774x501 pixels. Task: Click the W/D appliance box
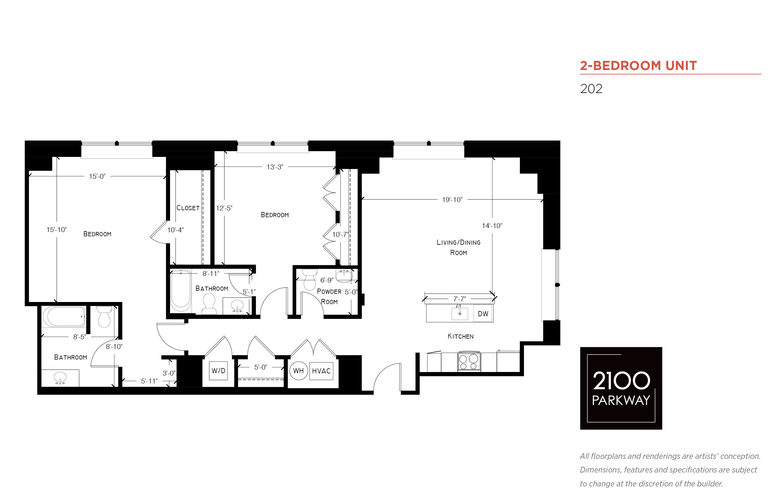pyautogui.click(x=218, y=370)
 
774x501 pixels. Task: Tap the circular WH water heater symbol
pyautogui.click(x=298, y=370)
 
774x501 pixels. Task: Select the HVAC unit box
pyautogui.click(x=321, y=371)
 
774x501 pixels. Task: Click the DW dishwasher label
pyautogui.click(x=483, y=314)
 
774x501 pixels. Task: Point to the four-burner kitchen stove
pyautogui.click(x=469, y=361)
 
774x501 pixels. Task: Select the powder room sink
pyautogui.click(x=344, y=276)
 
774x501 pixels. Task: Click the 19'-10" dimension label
pyautogui.click(x=452, y=199)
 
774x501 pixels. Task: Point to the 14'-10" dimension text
pyautogui.click(x=492, y=225)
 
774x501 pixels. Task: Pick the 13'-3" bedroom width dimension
pyautogui.click(x=275, y=167)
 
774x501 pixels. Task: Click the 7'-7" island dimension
pyautogui.click(x=459, y=299)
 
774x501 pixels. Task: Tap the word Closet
pyautogui.click(x=188, y=208)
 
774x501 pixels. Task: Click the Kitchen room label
pyautogui.click(x=461, y=337)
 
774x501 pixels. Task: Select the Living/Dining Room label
pyautogui.click(x=458, y=247)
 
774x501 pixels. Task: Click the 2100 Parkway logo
pyautogui.click(x=621, y=388)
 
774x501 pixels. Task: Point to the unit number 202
pyautogui.click(x=591, y=89)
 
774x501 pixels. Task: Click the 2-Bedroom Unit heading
pyautogui.click(x=638, y=66)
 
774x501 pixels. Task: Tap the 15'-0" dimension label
pyautogui.click(x=97, y=176)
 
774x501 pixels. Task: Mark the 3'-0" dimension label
pyautogui.click(x=169, y=373)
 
